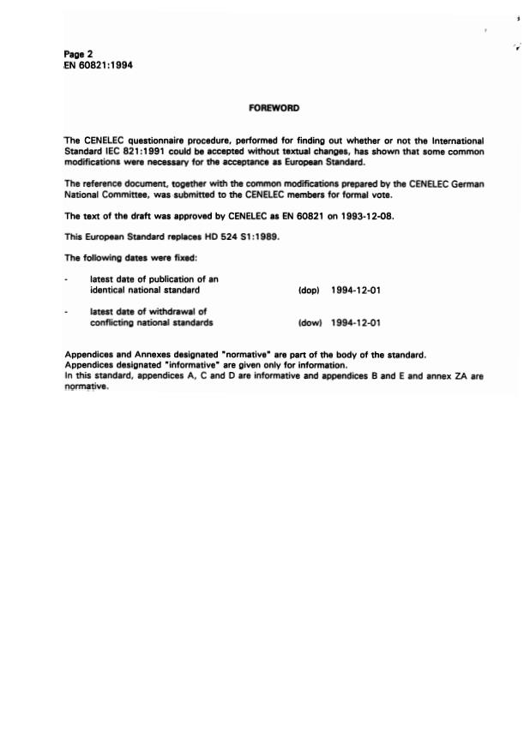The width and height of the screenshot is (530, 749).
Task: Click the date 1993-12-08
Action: coord(359,217)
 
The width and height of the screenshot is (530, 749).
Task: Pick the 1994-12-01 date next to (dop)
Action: coord(355,291)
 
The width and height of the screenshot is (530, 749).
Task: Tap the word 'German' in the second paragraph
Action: coord(467,184)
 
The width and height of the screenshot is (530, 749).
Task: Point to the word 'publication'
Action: coord(170,279)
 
